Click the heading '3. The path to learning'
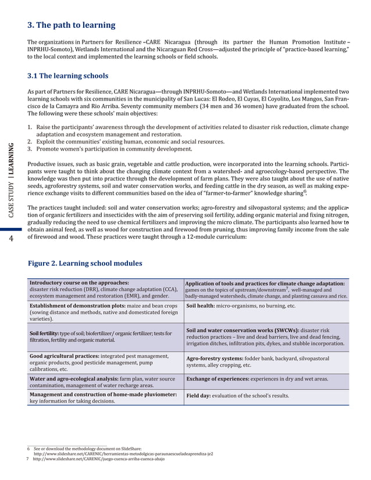coord(72,25)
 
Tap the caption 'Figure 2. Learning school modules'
coord(85,263)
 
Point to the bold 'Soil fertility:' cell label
coord(47,333)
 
